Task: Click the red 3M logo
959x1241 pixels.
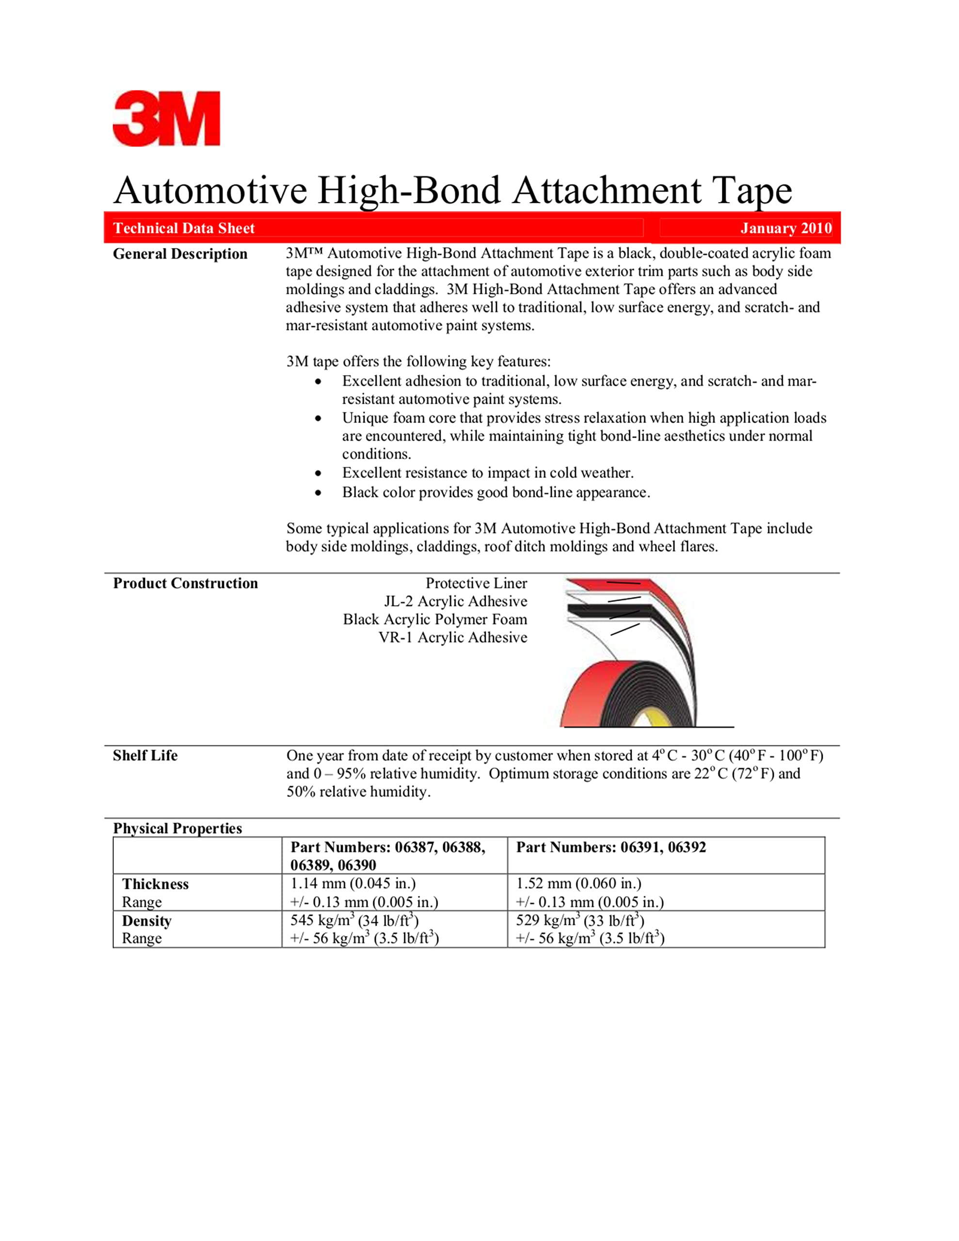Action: point(166,118)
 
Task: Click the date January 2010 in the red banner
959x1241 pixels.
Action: point(785,228)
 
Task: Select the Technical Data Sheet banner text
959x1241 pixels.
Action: point(184,228)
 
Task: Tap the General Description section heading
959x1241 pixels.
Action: point(180,254)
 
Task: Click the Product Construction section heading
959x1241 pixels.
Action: point(185,584)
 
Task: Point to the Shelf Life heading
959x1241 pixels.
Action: point(145,756)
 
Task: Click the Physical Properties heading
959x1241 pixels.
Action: point(177,828)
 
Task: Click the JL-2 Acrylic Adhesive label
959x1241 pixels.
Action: point(455,601)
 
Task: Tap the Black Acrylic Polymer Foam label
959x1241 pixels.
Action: point(434,620)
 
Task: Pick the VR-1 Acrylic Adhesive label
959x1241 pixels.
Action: point(452,637)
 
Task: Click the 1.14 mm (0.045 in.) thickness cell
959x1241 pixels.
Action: point(352,884)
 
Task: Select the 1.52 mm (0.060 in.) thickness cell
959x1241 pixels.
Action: point(578,884)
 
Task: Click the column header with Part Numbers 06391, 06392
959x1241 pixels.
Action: point(610,847)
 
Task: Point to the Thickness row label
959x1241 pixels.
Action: point(155,884)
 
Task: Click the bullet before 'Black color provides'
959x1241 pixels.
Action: point(319,493)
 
